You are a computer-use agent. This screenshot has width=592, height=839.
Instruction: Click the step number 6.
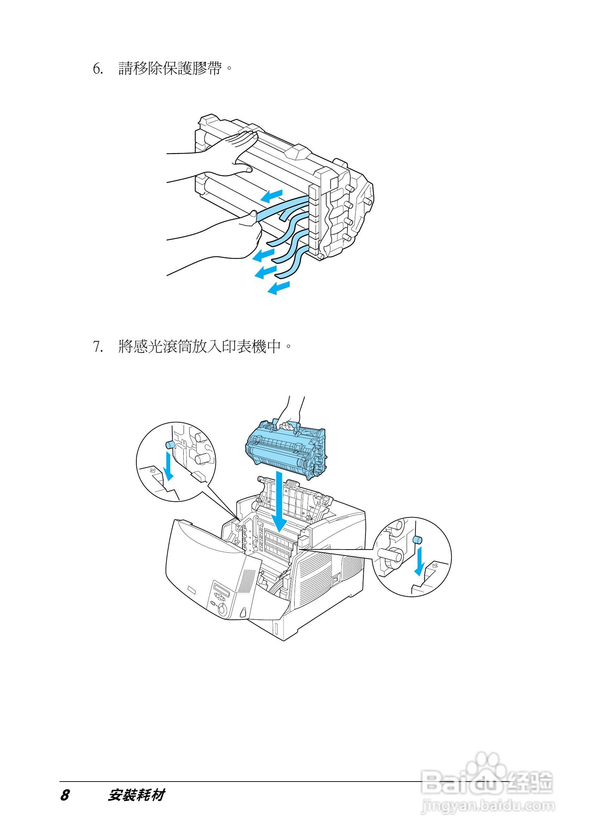click(x=98, y=68)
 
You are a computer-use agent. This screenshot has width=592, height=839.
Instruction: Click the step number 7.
click(x=98, y=346)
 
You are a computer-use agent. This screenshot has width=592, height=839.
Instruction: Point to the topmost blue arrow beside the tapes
click(x=272, y=196)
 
